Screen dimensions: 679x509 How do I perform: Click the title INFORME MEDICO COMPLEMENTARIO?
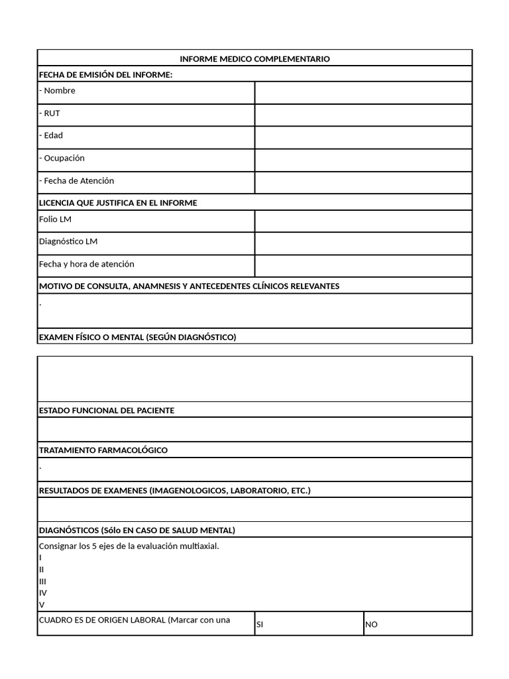pos(254,59)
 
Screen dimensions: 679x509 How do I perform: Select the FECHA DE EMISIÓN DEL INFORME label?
pos(105,74)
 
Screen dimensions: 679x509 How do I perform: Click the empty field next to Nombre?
pos(363,93)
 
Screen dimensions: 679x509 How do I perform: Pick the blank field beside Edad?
pos(363,137)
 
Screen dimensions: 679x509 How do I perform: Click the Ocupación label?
pos(62,158)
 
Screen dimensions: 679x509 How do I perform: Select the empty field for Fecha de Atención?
pos(363,182)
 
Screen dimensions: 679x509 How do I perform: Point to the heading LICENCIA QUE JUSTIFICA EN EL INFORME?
pos(118,203)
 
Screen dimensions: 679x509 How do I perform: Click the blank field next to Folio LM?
pos(363,221)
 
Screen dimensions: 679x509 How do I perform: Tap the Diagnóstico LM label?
pos(68,241)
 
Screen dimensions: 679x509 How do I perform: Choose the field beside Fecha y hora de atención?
pos(363,266)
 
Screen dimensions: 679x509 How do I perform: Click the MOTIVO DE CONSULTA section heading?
pos(189,286)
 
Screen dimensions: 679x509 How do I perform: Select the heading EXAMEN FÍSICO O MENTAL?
pos(137,337)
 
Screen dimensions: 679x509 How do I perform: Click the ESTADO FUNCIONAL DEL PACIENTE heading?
pos(107,410)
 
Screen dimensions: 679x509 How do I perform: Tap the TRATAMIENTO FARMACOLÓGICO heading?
pos(103,450)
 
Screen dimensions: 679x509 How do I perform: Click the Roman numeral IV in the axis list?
pos(43,593)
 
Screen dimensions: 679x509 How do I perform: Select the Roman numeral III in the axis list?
pos(42,582)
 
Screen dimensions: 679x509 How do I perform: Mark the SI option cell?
pos(309,624)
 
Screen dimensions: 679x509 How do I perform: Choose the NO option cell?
pos(418,624)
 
